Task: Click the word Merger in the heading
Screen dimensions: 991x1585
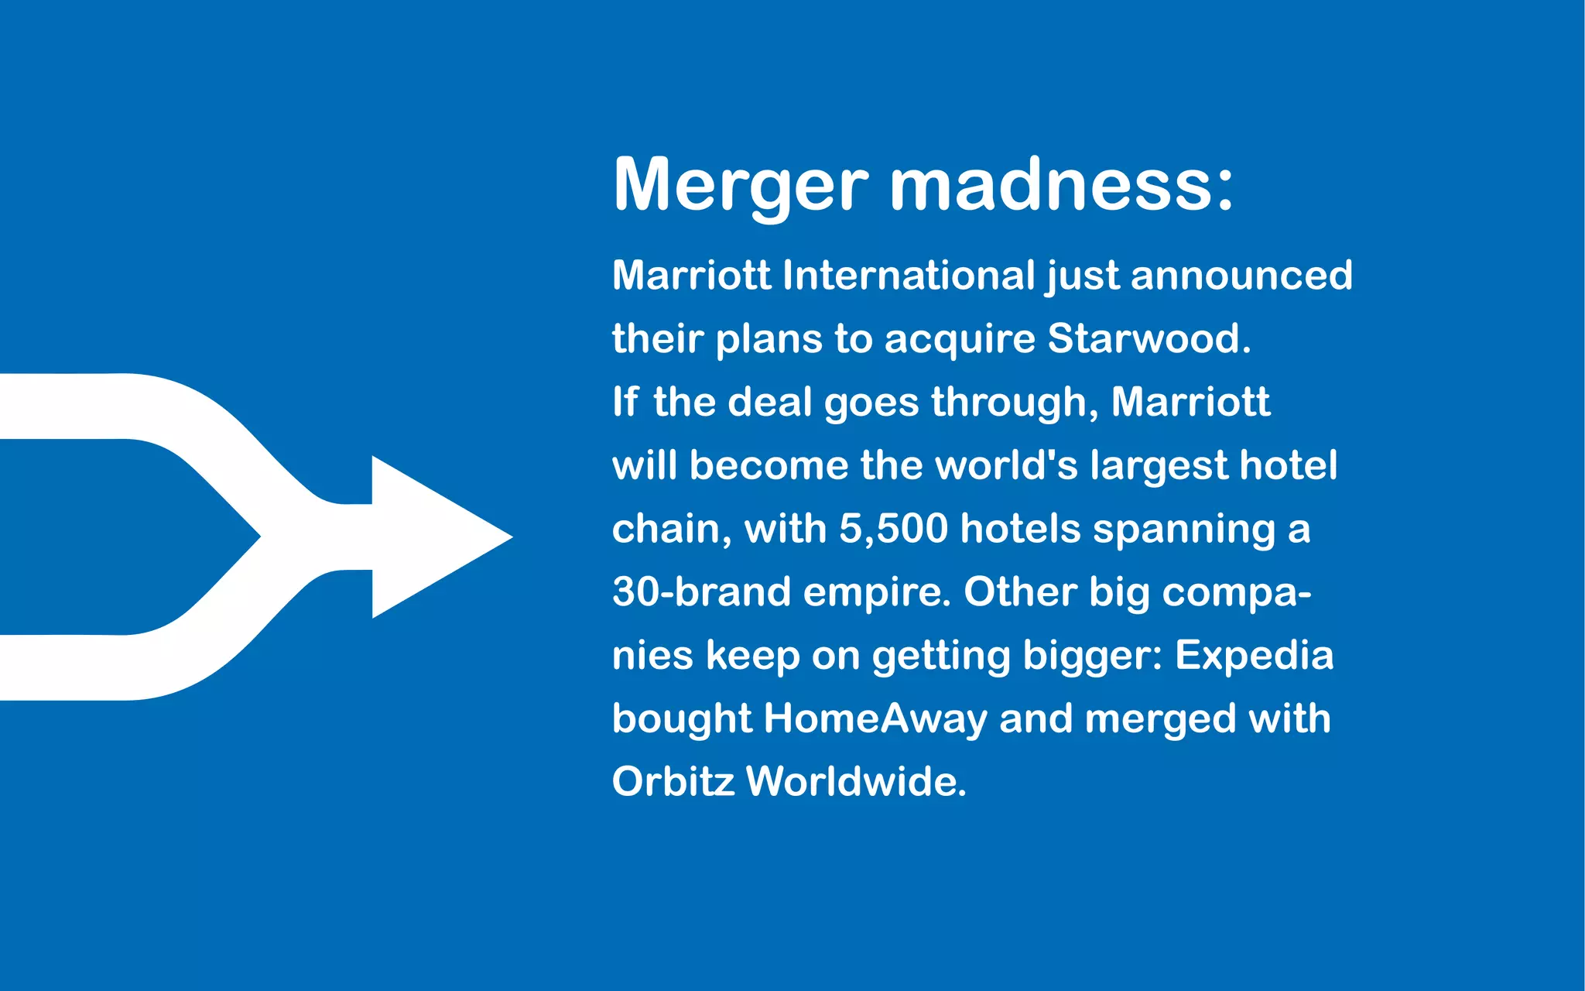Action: coord(740,186)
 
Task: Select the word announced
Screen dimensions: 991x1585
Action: coord(1241,276)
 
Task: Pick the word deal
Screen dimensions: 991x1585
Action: coord(769,402)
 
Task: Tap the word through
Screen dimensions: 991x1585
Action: coord(1014,403)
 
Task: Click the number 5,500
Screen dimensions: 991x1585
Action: coord(893,530)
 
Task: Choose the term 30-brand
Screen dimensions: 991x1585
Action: coord(701,592)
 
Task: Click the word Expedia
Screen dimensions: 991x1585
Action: coord(1255,657)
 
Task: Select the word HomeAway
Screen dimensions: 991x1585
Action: coord(875,719)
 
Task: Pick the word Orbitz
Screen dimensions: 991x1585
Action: coord(673,781)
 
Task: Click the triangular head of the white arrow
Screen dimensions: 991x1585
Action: coord(433,537)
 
